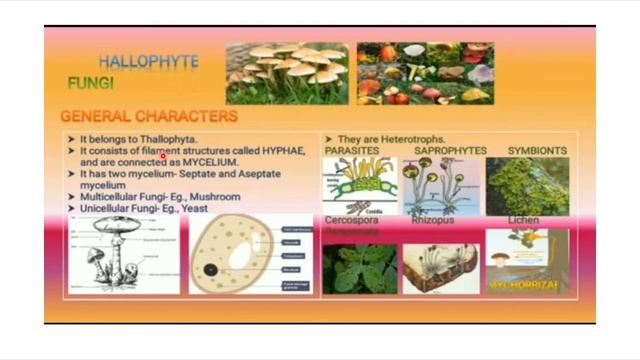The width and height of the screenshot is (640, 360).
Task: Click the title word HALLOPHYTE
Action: point(148,61)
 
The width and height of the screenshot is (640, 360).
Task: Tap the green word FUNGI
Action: point(90,83)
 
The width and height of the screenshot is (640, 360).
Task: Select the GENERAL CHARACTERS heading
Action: point(149,116)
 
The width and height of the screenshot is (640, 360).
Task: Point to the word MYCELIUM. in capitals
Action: point(210,162)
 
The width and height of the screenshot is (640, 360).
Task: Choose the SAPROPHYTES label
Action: point(450,151)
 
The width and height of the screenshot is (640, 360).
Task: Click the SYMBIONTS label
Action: point(537,151)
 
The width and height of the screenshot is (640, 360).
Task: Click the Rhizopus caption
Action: point(432,220)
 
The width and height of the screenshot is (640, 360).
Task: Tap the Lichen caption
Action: point(523,220)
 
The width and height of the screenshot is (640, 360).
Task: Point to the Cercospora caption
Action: point(352,220)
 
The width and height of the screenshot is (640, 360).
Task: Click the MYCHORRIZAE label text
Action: point(524,285)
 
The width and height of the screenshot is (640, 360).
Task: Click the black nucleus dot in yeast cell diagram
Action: point(211,270)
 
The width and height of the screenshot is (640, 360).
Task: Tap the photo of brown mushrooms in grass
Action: point(287,73)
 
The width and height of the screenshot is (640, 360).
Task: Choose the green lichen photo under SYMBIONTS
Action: point(527,186)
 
